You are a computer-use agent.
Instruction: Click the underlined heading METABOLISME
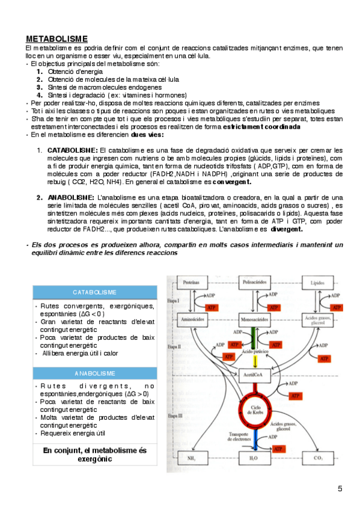click(56, 39)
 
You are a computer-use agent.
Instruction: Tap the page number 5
click(340, 487)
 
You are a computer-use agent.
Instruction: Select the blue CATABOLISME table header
click(94, 292)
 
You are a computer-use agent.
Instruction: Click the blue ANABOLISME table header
click(94, 373)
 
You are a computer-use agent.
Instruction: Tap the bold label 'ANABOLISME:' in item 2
click(71, 197)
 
